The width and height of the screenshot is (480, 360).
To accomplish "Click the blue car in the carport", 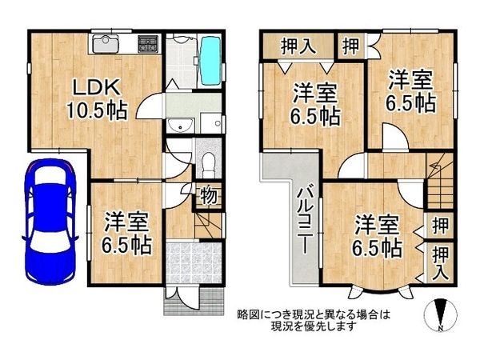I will [x=50, y=217].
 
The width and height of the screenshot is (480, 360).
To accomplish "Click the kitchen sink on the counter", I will [x=106, y=45].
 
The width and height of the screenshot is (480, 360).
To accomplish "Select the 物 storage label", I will [x=206, y=194].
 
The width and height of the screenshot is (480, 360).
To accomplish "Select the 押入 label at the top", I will [x=297, y=46].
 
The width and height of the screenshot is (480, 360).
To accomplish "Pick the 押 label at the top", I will [x=350, y=45].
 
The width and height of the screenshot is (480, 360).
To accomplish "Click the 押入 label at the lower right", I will [x=439, y=262].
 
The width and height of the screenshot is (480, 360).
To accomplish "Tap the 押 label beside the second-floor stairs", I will [x=438, y=225].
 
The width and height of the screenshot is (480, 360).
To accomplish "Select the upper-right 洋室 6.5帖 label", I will [x=411, y=91].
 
